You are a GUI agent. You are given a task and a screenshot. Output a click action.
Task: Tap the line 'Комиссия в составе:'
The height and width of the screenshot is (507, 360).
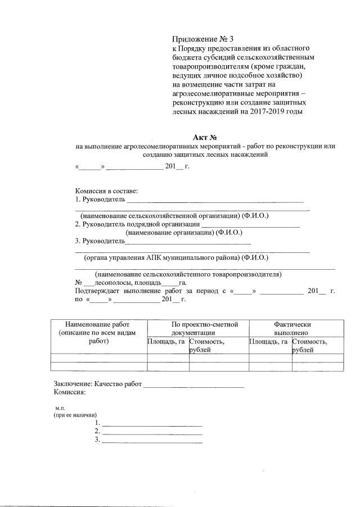click(106, 192)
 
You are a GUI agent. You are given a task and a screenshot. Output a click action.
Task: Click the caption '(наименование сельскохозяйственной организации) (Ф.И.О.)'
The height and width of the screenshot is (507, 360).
click(174, 216)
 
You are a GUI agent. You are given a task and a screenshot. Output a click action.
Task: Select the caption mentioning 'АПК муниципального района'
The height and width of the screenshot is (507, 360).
click(175, 258)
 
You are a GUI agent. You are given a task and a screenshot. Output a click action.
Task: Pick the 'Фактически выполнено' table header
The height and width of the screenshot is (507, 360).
click(292, 328)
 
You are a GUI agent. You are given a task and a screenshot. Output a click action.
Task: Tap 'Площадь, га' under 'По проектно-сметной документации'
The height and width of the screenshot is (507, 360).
click(166, 341)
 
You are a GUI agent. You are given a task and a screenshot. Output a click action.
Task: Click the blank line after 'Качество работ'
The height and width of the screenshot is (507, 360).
click(194, 385)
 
